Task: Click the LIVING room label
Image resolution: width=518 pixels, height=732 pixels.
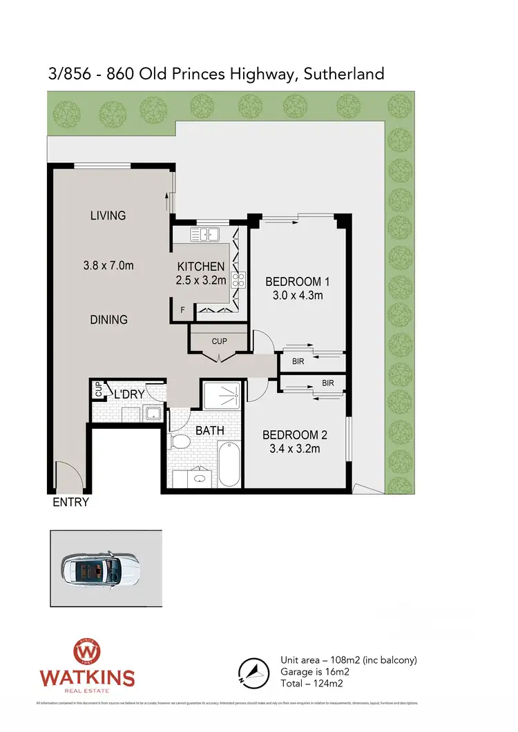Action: (x=108, y=215)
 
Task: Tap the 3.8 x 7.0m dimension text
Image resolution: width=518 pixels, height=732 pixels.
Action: (x=108, y=264)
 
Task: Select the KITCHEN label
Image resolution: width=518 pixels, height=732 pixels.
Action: (x=201, y=267)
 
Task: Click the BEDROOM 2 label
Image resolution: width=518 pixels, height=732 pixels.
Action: (x=295, y=435)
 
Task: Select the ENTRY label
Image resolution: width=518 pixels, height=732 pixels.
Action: (x=71, y=502)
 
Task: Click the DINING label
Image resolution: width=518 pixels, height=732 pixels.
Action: (x=108, y=320)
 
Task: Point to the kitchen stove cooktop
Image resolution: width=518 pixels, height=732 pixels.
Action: (x=238, y=280)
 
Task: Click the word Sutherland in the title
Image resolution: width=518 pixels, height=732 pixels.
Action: (x=343, y=74)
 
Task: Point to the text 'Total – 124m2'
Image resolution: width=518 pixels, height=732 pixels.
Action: (x=311, y=683)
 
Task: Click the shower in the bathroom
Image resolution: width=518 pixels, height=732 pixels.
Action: (x=222, y=394)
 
